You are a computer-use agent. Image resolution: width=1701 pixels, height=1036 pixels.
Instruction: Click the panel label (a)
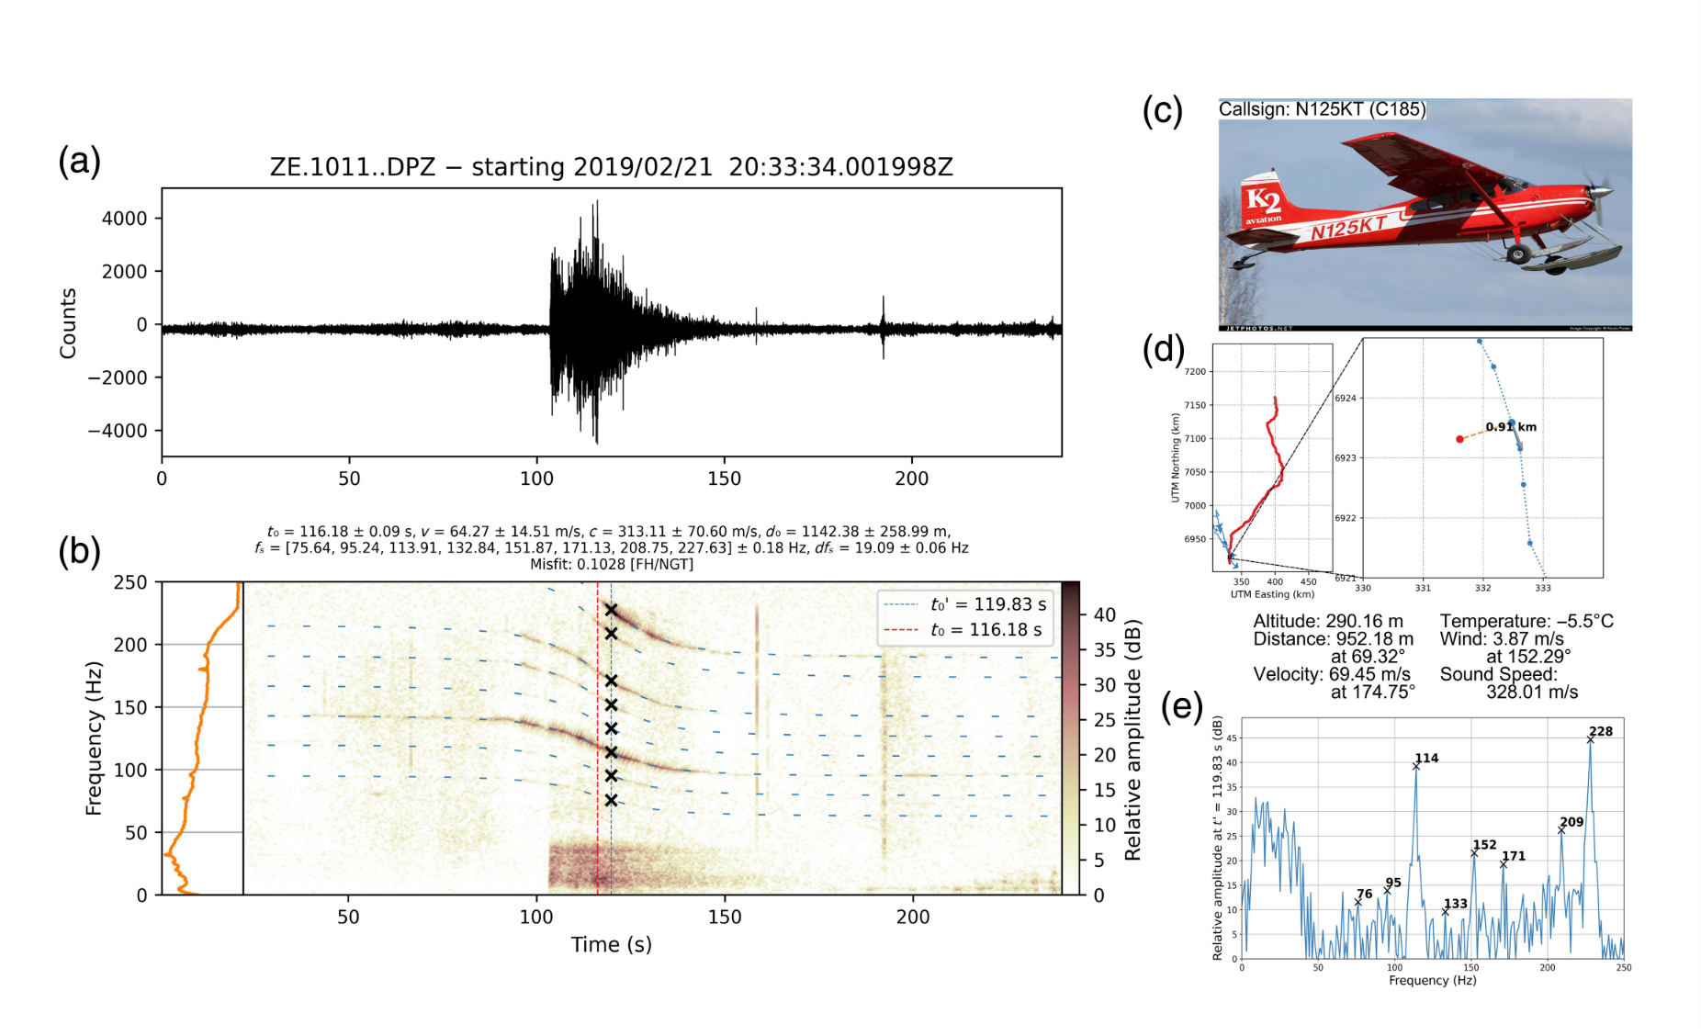point(79,162)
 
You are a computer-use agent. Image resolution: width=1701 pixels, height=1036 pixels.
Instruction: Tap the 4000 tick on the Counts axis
point(124,219)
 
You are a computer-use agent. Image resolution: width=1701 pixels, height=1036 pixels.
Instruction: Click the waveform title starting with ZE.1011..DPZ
point(611,167)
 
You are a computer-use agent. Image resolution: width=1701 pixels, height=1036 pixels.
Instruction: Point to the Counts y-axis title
point(68,323)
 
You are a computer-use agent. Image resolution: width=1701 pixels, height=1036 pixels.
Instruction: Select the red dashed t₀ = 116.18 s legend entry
point(964,630)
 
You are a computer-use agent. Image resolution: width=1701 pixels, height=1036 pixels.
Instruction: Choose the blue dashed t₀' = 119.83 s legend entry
point(964,604)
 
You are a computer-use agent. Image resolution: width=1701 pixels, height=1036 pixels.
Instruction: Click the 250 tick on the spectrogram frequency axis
point(130,582)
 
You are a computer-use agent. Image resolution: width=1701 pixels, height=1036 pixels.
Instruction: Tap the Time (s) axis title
point(611,944)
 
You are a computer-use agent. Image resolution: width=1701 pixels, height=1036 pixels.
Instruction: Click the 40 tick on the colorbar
point(1104,614)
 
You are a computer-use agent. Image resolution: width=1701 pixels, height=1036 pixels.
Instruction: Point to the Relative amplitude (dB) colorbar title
point(1132,739)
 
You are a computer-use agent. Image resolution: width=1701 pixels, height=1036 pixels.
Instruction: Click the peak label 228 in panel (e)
point(1601,731)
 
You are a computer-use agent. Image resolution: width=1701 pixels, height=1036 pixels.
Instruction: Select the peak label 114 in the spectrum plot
point(1426,758)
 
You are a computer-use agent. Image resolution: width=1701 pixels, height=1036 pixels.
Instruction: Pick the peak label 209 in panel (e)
point(1571,822)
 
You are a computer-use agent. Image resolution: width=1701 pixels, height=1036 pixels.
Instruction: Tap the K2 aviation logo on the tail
point(1264,203)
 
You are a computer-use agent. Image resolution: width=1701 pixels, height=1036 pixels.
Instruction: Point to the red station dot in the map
point(1459,439)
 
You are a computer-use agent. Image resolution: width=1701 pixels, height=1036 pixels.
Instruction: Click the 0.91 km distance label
point(1511,426)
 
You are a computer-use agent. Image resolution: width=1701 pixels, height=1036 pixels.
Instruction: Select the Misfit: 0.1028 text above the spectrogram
point(611,564)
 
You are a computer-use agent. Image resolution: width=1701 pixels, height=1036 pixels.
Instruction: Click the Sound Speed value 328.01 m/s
point(1531,692)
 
